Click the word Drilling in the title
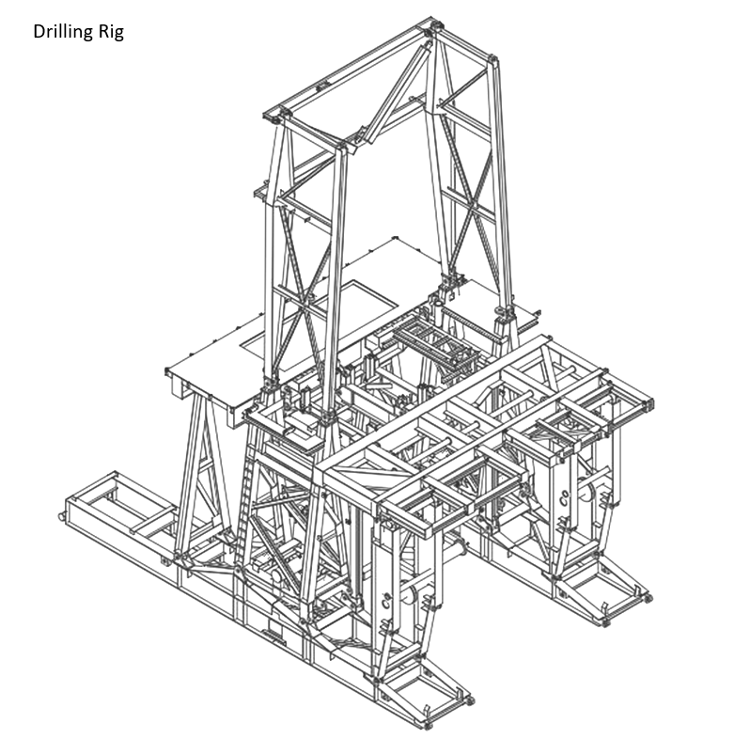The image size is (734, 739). click(63, 32)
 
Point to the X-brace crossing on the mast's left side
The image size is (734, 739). click(306, 298)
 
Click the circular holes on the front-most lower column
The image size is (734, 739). click(387, 600)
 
